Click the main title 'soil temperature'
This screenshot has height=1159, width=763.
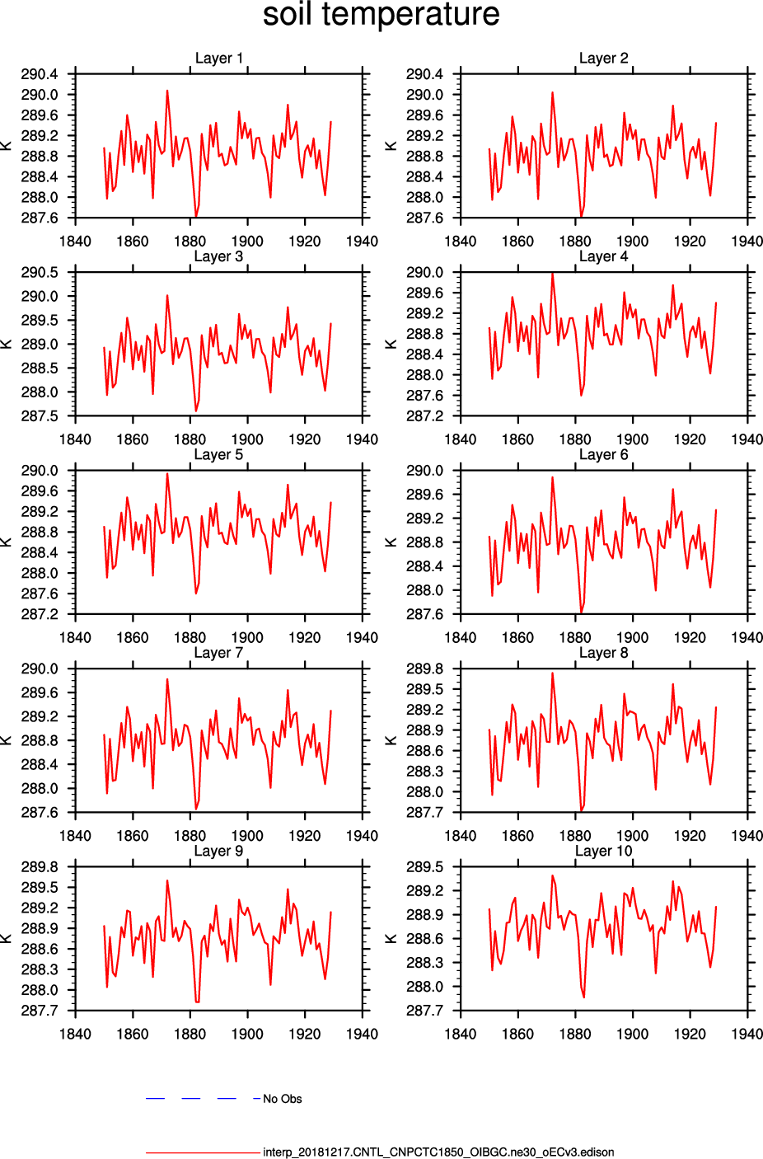pos(381,15)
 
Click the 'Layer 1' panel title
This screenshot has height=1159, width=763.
pos(218,58)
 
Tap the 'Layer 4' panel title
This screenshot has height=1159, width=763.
pos(603,256)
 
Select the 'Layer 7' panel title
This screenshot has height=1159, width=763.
pos(218,653)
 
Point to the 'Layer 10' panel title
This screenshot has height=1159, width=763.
pos(603,851)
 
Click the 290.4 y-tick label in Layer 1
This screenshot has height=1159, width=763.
pos(40,74)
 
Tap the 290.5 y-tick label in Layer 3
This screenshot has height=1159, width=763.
pos(40,273)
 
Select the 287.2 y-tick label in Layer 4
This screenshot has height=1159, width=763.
pos(424,416)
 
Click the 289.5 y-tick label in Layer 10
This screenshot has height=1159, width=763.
pos(424,867)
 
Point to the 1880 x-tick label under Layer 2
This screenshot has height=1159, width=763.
pos(575,242)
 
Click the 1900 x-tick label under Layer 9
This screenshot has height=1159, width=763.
pos(247,1034)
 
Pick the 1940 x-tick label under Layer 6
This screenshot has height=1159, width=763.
pos(747,637)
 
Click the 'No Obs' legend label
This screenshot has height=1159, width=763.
pos(282,1099)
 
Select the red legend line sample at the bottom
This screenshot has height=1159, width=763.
pos(202,1152)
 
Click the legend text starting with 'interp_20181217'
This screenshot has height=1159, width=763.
pos(438,1152)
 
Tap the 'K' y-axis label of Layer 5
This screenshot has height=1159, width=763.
pos(7,542)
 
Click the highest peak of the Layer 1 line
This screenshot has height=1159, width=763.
pos(167,91)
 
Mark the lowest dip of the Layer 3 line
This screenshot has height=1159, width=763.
pos(196,411)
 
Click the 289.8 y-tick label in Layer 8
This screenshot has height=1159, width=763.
pos(424,669)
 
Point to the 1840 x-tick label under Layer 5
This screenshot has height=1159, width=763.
pos(75,637)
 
